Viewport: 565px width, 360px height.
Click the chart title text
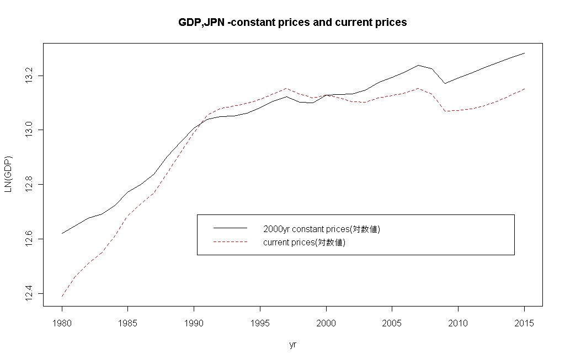point(292,23)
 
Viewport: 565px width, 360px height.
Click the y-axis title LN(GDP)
point(8,175)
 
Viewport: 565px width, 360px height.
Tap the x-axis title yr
point(293,345)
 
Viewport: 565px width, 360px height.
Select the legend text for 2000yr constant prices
point(322,229)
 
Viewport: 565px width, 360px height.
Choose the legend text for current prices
point(305,243)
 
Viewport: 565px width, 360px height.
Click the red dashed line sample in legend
point(230,242)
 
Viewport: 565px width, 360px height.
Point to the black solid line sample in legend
point(230,228)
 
